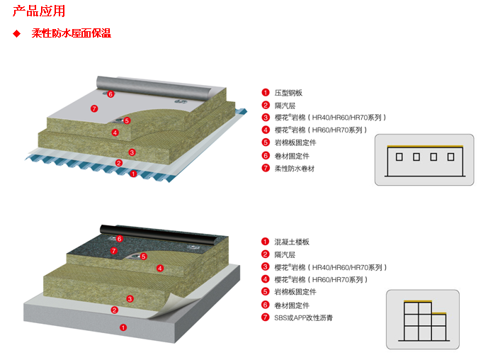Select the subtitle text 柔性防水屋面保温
pyautogui.click(x=71, y=33)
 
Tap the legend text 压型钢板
pyautogui.click(x=289, y=93)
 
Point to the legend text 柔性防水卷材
pyautogui.click(x=294, y=169)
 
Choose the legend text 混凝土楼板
pyautogui.click(x=292, y=242)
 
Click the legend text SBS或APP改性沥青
pyautogui.click(x=303, y=317)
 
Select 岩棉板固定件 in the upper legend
pyautogui.click(x=294, y=143)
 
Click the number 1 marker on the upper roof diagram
pyautogui.click(x=133, y=174)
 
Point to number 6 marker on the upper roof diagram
pyautogui.click(x=110, y=94)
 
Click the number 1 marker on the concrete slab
pyautogui.click(x=123, y=327)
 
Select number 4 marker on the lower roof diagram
pyautogui.click(x=160, y=268)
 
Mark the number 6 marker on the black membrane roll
pyautogui.click(x=119, y=239)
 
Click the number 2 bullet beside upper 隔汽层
pyautogui.click(x=266, y=106)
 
